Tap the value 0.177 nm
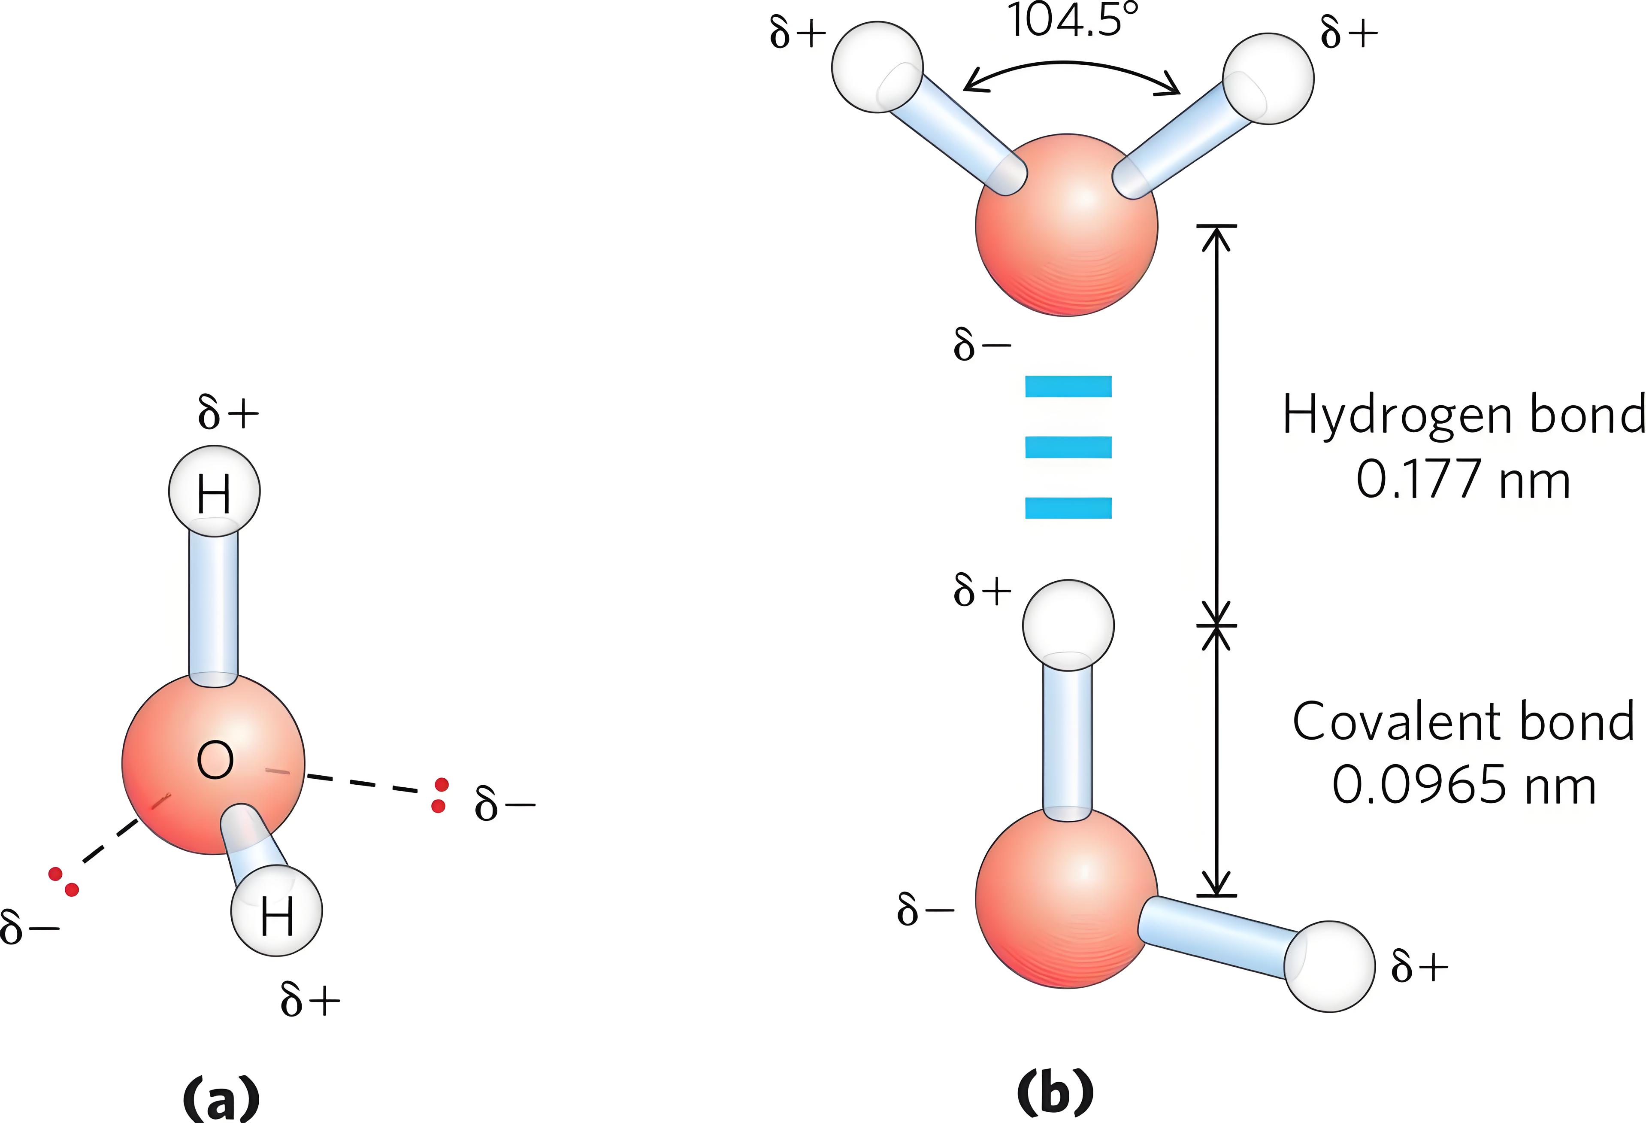tap(1462, 480)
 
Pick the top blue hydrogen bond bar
tap(1068, 386)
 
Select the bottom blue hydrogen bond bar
tap(1068, 508)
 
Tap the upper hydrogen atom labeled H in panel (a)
tap(214, 492)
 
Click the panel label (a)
tap(221, 1097)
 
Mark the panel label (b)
tap(1055, 1093)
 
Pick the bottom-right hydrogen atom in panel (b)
tap(1329, 966)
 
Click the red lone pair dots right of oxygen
tap(440, 795)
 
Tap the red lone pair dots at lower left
tap(63, 881)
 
